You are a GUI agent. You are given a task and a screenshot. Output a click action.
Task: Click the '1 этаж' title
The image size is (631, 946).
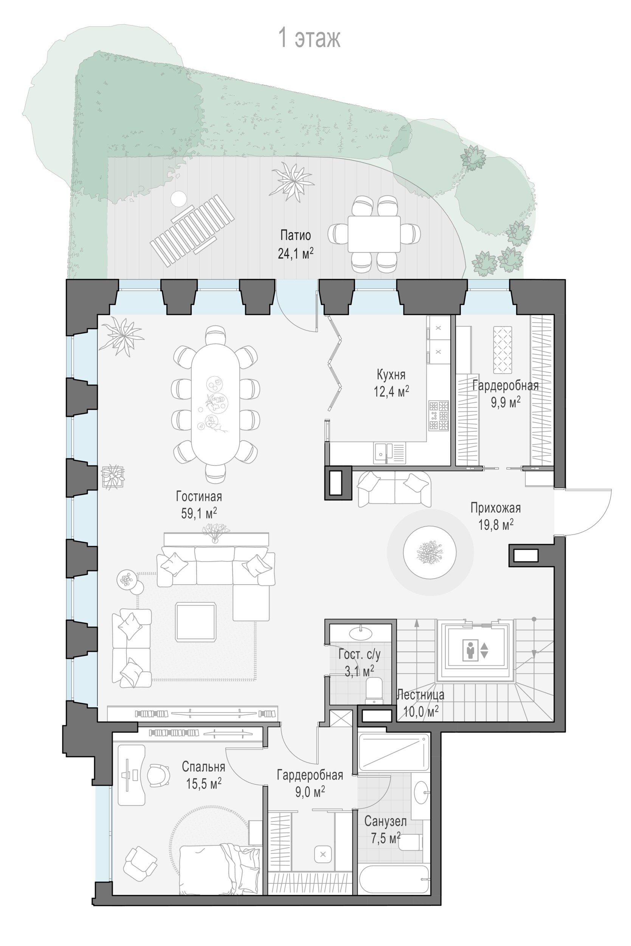coord(310,38)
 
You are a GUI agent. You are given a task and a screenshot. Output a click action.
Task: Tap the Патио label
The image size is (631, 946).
coord(295,235)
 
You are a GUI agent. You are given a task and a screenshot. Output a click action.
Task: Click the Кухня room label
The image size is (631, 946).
coord(391,375)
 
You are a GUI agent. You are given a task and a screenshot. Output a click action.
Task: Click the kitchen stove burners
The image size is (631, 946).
coord(439,415)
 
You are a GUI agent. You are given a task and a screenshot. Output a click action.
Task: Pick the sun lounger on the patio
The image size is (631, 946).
coord(192,230)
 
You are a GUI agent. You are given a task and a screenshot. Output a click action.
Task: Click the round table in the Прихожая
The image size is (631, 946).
coord(430,552)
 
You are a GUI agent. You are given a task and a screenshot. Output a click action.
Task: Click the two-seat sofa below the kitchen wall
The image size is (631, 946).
coord(394,489)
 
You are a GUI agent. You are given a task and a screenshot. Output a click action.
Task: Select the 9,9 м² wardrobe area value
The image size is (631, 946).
coord(505,402)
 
